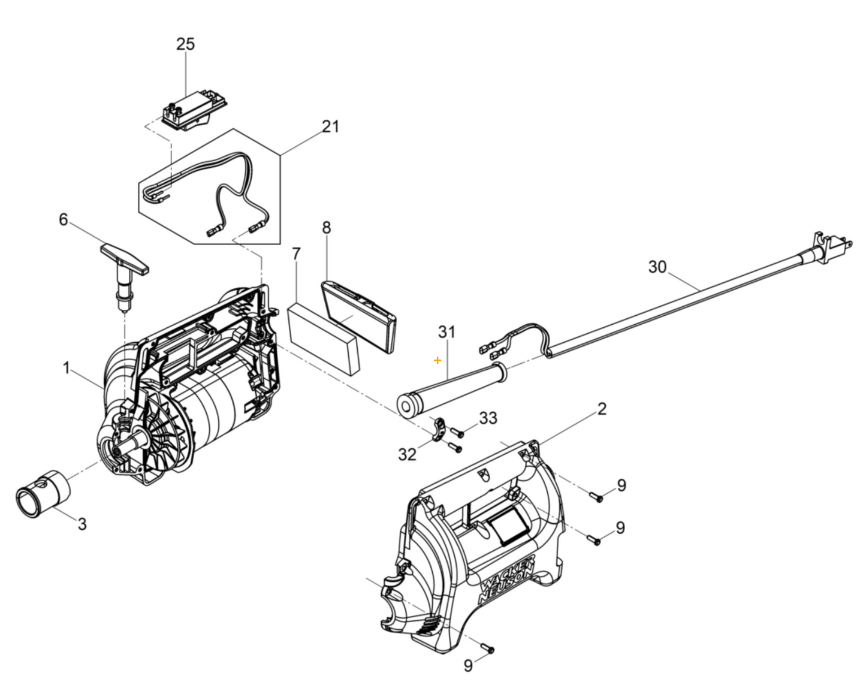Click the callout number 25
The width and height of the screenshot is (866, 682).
[185, 44]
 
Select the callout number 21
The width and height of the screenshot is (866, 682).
[330, 126]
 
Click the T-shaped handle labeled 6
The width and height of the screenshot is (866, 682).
[125, 258]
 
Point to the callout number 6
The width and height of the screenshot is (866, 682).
[63, 219]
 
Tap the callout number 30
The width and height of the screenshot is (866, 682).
[657, 267]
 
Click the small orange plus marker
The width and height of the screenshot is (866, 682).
[437, 360]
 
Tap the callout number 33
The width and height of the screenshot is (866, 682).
[488, 418]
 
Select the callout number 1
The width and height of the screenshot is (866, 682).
[67, 367]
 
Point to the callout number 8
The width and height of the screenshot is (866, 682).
[326, 227]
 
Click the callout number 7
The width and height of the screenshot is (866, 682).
[296, 254]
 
